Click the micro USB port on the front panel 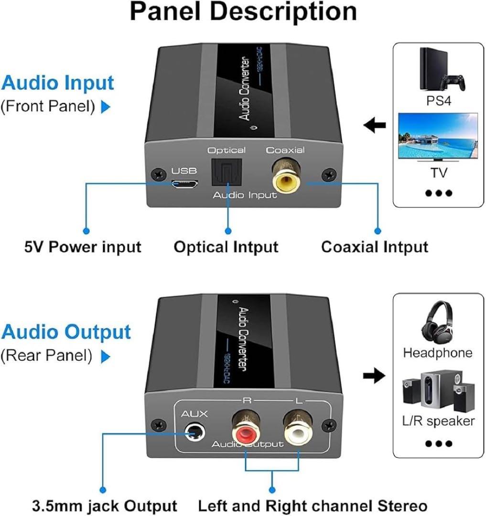pyautogui.click(x=184, y=183)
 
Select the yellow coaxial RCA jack pyautogui.click(x=286, y=178)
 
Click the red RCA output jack pyautogui.click(x=246, y=430)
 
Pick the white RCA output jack pyautogui.click(x=297, y=430)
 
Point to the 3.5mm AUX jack pyautogui.click(x=195, y=432)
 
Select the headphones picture pyautogui.click(x=438, y=323)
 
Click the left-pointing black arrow pyautogui.click(x=375, y=125)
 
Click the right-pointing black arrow pyautogui.click(x=375, y=376)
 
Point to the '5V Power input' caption pyautogui.click(x=83, y=247)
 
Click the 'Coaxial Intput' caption pyautogui.click(x=375, y=247)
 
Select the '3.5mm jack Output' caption pyautogui.click(x=105, y=506)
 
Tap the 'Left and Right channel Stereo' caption pyautogui.click(x=313, y=506)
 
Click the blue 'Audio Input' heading pyautogui.click(x=57, y=83)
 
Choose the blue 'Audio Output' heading pyautogui.click(x=66, y=332)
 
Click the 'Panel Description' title pyautogui.click(x=244, y=12)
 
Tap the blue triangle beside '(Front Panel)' pyautogui.click(x=105, y=107)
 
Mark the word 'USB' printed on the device pyautogui.click(x=184, y=171)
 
